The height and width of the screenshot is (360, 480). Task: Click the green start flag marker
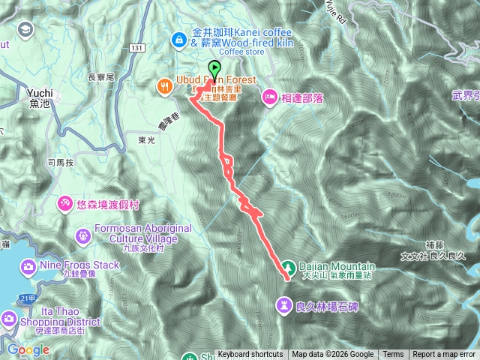click(x=215, y=70)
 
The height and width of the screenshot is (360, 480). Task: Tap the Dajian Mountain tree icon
click(x=288, y=266)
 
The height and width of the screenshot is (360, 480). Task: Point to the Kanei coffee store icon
click(x=181, y=38)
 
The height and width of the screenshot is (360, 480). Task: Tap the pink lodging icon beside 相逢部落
click(x=269, y=95)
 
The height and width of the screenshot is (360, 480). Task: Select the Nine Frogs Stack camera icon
click(x=28, y=265)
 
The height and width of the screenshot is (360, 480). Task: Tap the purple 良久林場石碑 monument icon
click(x=285, y=304)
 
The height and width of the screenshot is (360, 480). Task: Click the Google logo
click(x=28, y=349)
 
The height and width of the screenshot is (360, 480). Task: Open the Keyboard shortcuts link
click(x=250, y=355)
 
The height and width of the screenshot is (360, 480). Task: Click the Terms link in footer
click(x=393, y=355)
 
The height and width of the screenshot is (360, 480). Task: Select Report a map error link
click(x=444, y=355)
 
